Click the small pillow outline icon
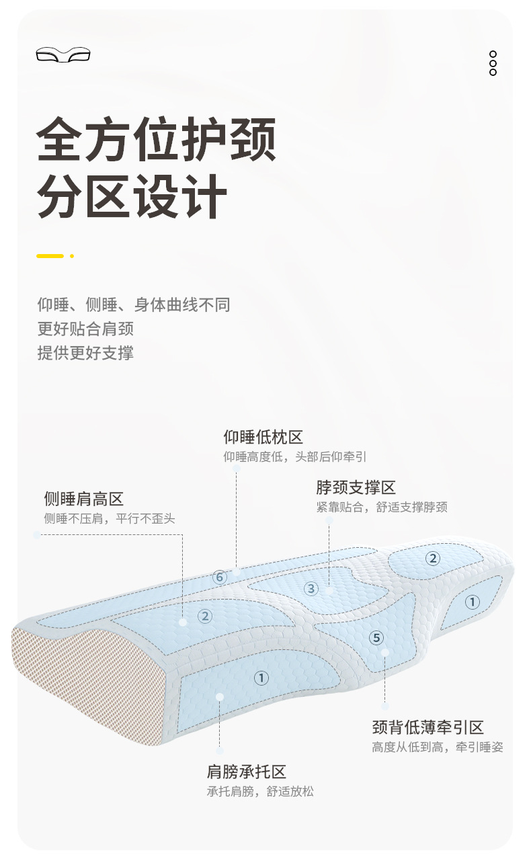(63, 54)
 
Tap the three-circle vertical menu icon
(493, 63)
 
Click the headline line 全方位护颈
(156, 139)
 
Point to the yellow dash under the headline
(50, 256)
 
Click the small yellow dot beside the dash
(72, 256)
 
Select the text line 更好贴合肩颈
(85, 329)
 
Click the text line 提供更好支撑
(85, 353)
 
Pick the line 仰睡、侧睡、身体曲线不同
(134, 304)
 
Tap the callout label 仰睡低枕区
(263, 437)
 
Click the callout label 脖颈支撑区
(356, 487)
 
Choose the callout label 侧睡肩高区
(84, 499)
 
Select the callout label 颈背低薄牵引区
(428, 727)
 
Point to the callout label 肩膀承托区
(247, 772)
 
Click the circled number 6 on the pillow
(220, 577)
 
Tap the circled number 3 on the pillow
(311, 589)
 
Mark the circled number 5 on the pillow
(376, 638)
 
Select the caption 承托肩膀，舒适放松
(260, 792)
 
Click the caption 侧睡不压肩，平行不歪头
(110, 519)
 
